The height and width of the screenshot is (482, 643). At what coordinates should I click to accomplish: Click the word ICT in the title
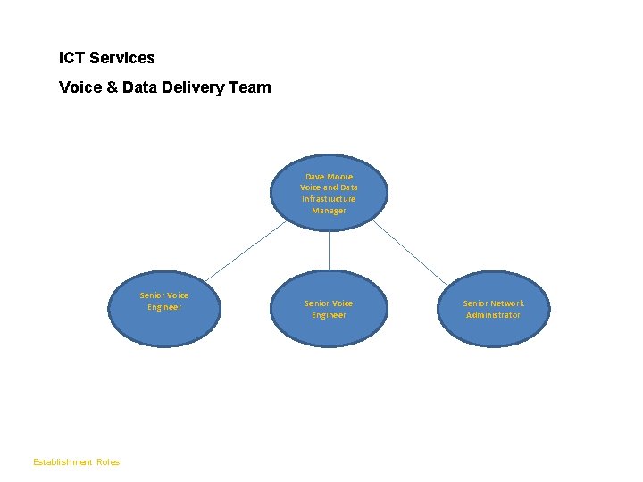click(x=71, y=58)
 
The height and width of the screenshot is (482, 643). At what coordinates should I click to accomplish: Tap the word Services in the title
click(x=122, y=58)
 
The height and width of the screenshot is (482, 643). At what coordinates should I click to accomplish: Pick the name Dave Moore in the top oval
click(x=329, y=177)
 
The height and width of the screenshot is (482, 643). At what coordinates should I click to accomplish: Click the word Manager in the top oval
click(x=329, y=211)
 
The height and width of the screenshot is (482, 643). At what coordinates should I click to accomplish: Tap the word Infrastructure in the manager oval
click(x=329, y=199)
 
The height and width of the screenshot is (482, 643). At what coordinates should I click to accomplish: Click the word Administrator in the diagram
click(x=493, y=315)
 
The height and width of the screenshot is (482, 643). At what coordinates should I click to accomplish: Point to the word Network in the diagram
click(x=506, y=303)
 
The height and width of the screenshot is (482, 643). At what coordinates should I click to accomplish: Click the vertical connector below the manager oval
click(x=329, y=250)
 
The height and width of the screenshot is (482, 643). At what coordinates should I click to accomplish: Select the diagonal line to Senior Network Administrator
click(x=411, y=253)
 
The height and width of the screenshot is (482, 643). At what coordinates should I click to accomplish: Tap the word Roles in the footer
click(x=108, y=462)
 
